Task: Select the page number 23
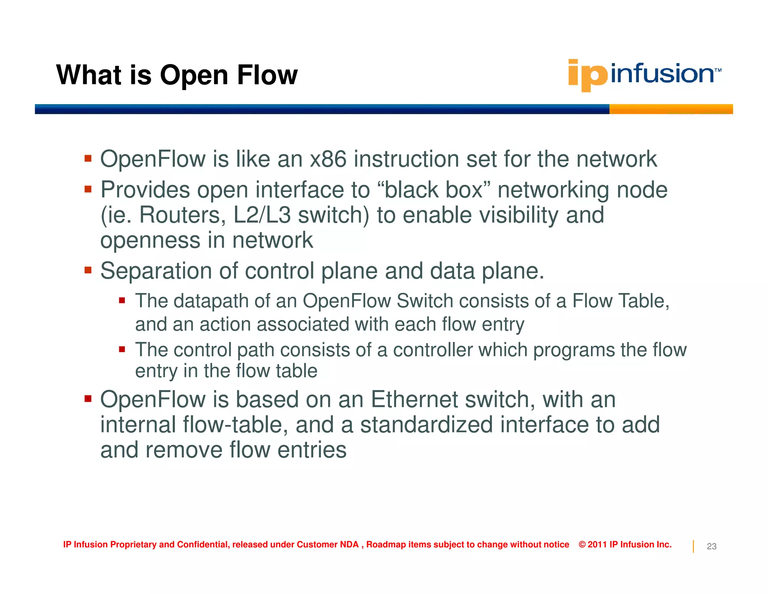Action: coord(711,546)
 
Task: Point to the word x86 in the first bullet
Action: coord(328,159)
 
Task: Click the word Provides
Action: coord(145,190)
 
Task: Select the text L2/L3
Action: coord(262,215)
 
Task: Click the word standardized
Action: coord(426,425)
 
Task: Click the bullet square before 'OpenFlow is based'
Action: coord(88,398)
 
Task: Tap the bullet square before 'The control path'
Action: coord(122,350)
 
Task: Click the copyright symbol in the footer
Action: coord(582,544)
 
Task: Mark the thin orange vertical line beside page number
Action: coord(693,546)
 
